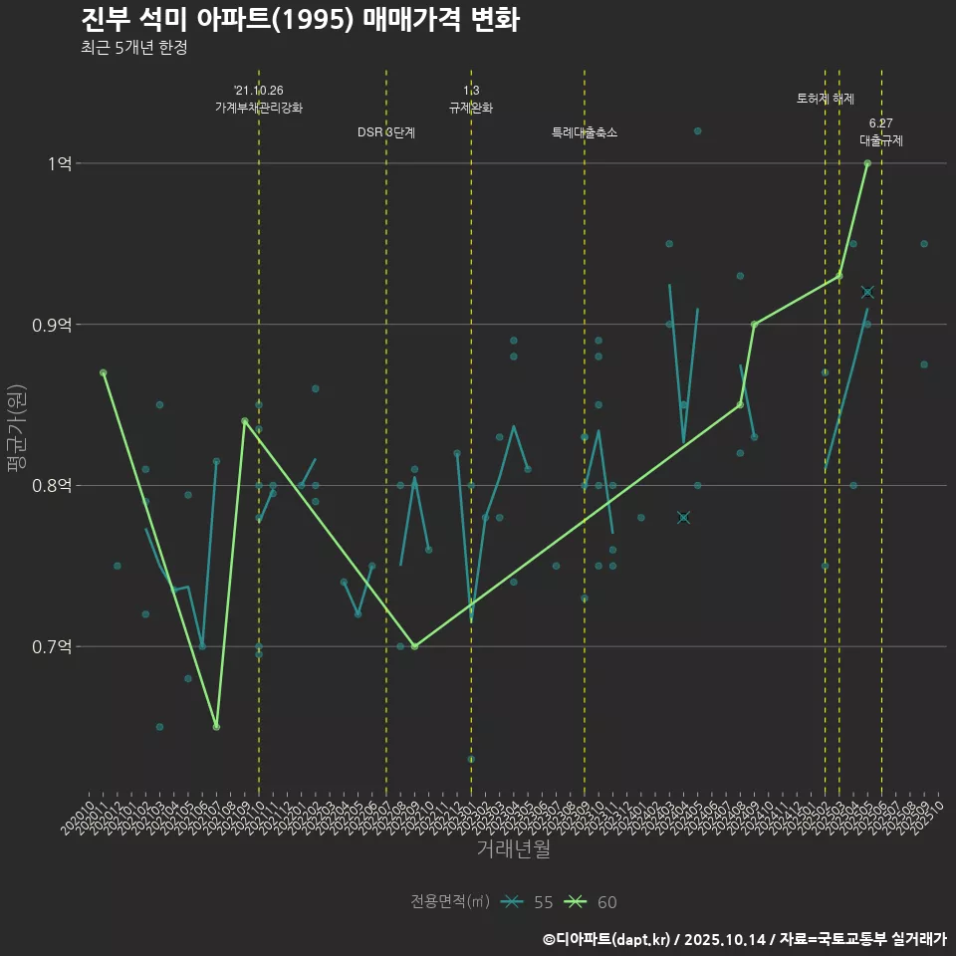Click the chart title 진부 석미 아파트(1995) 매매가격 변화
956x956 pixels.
point(299,21)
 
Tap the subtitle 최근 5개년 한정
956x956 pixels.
point(133,48)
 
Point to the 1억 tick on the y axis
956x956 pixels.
point(59,163)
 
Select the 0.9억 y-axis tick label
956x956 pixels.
point(52,325)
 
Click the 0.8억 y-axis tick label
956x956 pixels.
point(52,486)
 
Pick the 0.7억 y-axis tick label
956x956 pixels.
point(52,647)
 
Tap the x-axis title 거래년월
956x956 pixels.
point(513,849)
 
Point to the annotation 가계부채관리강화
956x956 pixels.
point(259,108)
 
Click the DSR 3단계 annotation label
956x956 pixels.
point(386,132)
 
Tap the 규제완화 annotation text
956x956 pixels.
point(471,108)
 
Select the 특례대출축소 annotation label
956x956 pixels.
point(585,132)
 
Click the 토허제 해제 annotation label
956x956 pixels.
point(826,99)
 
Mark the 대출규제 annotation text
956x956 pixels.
point(881,140)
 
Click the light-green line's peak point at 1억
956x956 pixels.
point(867,163)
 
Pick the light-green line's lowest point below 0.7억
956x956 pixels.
point(216,727)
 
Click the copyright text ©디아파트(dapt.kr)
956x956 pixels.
point(608,939)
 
